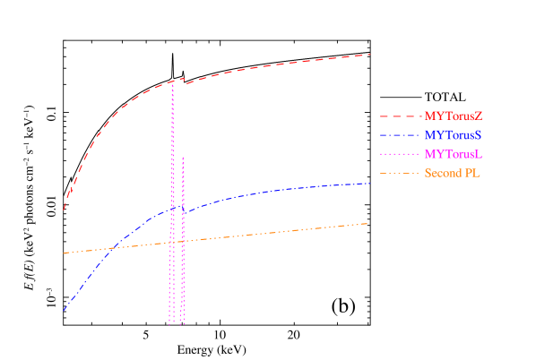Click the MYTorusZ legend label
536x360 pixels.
(x=454, y=116)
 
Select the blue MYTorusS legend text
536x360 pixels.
(x=454, y=135)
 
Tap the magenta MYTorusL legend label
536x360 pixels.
(x=454, y=154)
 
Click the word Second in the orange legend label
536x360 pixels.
(x=444, y=173)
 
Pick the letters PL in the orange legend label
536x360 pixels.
(x=472, y=173)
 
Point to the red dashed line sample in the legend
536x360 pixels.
(x=400, y=116)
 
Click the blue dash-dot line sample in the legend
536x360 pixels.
(x=400, y=135)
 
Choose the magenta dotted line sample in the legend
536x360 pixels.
(x=400, y=154)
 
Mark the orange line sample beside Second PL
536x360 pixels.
(x=400, y=173)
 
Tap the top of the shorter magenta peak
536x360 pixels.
(x=183, y=158)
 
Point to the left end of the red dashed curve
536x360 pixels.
(x=64, y=210)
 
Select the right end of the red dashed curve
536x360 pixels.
(x=370, y=55)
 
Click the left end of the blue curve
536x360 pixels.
(x=64, y=311)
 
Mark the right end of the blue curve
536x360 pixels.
(x=370, y=183)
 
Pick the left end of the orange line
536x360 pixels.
(x=64, y=253)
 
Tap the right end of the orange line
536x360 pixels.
(x=368, y=223)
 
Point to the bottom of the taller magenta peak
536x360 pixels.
(x=170, y=323)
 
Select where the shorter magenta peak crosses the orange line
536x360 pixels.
(x=183, y=242)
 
